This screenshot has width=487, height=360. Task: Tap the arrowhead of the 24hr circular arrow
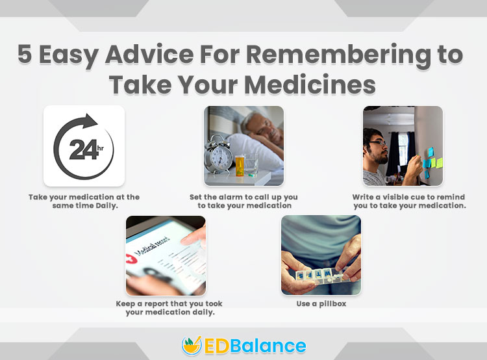[x=90, y=121]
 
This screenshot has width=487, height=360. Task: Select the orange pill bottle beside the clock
[x=240, y=166]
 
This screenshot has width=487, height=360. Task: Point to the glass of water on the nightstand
[x=251, y=165]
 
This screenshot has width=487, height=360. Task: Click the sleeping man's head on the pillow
[x=262, y=127]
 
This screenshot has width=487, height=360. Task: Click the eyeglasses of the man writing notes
[x=377, y=143]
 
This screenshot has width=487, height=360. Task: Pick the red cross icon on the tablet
[x=131, y=258]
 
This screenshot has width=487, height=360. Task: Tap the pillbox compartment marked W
[x=327, y=274]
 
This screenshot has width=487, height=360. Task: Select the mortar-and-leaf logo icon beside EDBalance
[x=192, y=346]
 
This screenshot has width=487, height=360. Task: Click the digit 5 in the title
[x=25, y=53]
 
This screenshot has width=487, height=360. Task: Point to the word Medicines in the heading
[x=310, y=84]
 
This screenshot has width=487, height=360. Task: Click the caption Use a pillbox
[x=321, y=303]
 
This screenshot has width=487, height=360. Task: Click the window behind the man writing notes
[x=403, y=149]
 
